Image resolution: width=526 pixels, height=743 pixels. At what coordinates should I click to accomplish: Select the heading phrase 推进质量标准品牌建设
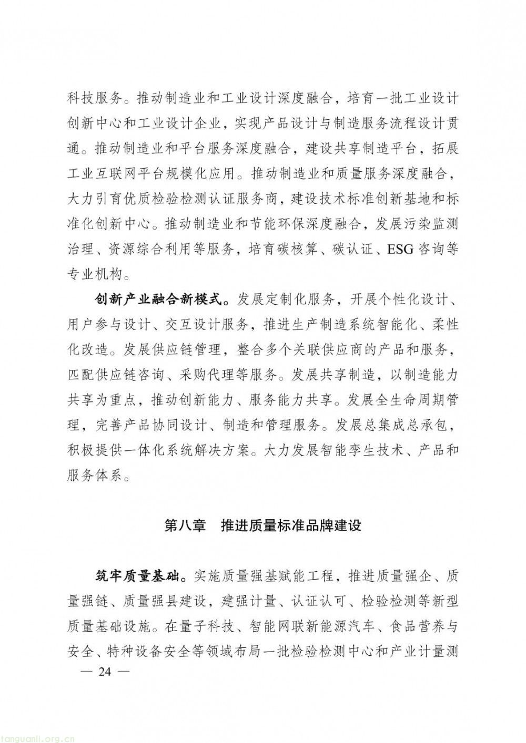point(291,525)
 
